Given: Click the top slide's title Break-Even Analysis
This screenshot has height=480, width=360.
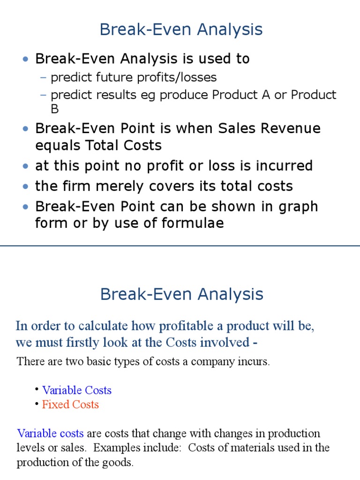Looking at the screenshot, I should (x=181, y=30).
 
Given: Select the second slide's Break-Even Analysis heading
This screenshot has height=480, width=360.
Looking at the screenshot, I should (x=181, y=294).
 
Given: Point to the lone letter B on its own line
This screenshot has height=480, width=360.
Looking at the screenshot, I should (x=55, y=109).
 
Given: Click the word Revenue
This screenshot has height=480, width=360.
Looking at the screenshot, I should (x=291, y=128).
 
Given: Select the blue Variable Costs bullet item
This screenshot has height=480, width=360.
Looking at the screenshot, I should (x=77, y=390).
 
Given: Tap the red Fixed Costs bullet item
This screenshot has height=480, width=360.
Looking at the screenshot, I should (x=70, y=404).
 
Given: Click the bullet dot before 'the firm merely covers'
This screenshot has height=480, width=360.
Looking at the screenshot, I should (x=25, y=187).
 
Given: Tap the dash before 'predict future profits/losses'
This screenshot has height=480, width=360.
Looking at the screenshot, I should (x=44, y=77).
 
